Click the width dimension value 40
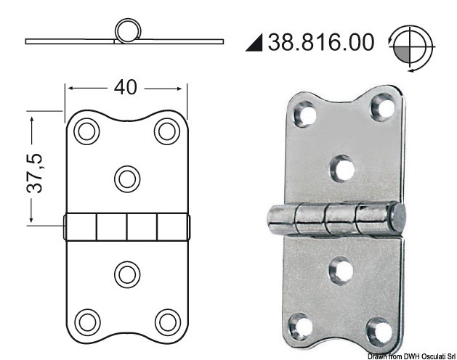(x=126, y=87)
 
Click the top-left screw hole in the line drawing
(x=86, y=131)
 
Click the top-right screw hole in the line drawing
(x=167, y=131)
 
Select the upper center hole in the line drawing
(x=127, y=177)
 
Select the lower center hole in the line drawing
(x=127, y=274)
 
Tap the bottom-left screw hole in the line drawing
(x=86, y=319)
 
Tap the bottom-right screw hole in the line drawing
(x=167, y=319)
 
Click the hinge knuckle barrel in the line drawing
(x=126, y=226)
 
